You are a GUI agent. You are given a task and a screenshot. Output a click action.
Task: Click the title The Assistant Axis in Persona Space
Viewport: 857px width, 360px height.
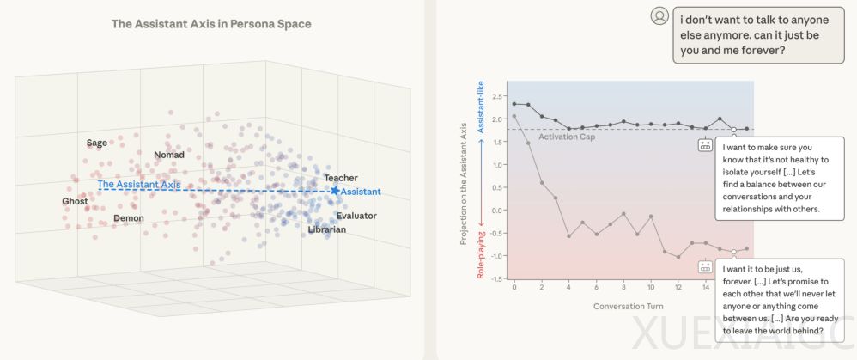click(x=211, y=24)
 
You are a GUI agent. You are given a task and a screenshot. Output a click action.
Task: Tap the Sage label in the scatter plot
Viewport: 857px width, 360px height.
click(x=97, y=143)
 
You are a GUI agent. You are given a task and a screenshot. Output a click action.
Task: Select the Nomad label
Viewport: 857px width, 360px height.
click(x=169, y=156)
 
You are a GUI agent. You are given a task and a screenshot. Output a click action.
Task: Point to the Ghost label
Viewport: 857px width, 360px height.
click(x=75, y=202)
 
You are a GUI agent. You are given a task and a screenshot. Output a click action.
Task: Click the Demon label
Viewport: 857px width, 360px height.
click(x=129, y=219)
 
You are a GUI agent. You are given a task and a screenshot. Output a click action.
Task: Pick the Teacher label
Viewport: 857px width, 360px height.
click(x=341, y=178)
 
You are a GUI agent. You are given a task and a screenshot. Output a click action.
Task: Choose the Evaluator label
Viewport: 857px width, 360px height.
click(x=356, y=216)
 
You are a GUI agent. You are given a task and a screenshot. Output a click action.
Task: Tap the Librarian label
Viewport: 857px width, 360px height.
click(x=327, y=229)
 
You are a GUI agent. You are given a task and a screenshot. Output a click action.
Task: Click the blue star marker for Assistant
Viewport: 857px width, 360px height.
click(x=335, y=191)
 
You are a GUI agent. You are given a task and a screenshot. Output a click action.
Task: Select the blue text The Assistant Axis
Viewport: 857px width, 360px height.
click(x=139, y=185)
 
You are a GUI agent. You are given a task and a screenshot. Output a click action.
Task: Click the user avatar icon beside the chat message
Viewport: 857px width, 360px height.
click(x=659, y=15)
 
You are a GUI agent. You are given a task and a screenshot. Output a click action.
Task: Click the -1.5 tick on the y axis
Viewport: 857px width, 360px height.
click(x=497, y=278)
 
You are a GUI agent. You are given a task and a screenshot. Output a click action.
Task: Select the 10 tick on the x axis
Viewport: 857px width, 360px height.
click(x=651, y=287)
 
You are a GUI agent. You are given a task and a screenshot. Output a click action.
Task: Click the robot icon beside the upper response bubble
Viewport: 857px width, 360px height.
click(x=706, y=144)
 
